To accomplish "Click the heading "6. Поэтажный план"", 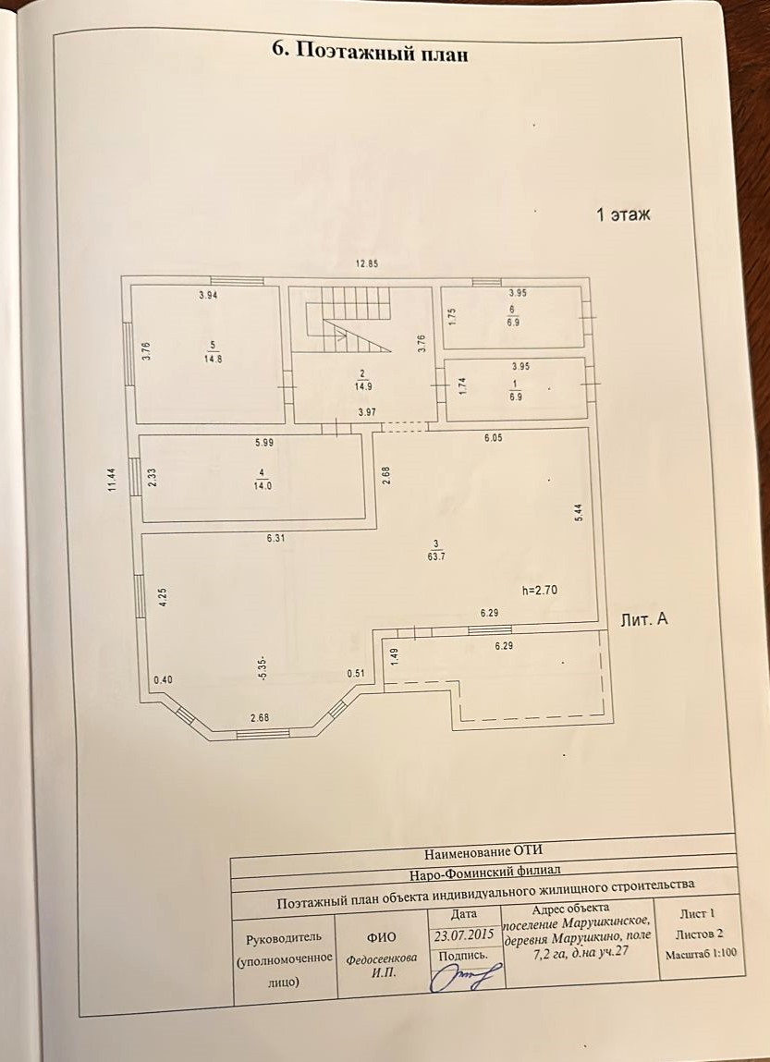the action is [x=370, y=53].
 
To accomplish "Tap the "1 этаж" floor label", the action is [x=623, y=215].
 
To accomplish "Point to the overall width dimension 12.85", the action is [x=368, y=263].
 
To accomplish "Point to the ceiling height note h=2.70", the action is [x=542, y=588].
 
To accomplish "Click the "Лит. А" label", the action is [x=644, y=620].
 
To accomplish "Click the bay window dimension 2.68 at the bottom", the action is [x=259, y=718].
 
